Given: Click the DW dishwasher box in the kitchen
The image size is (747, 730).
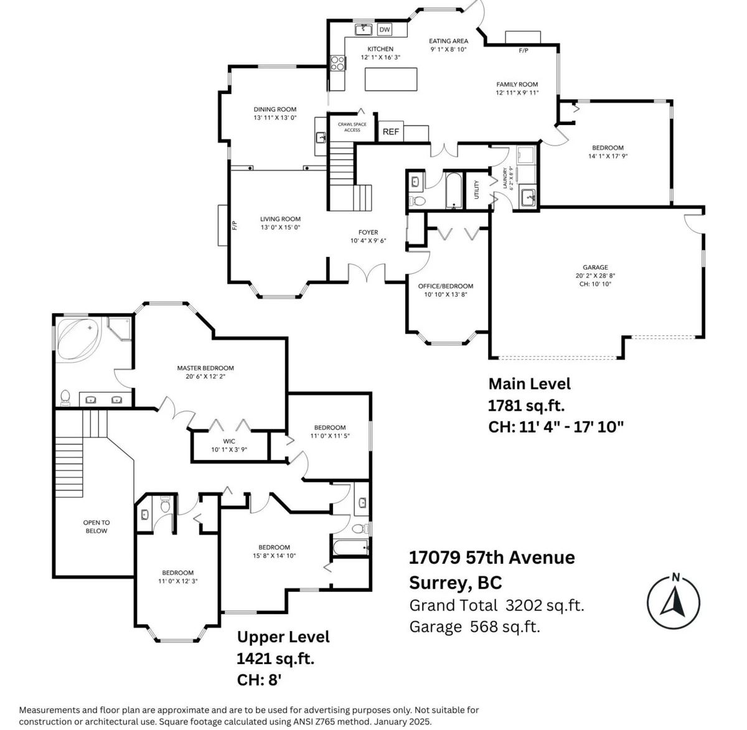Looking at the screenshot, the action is tap(384, 29).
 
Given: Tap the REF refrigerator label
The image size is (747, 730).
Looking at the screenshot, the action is tap(391, 132).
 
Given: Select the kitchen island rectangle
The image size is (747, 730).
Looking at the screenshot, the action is tap(391, 79).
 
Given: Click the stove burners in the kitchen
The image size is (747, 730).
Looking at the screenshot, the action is tap(337, 63).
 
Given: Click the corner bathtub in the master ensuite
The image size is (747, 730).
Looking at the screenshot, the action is tap(78, 340).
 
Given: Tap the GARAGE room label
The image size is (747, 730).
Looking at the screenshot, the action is tap(595, 267).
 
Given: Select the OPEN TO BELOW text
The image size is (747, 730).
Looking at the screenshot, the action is tap(96, 526).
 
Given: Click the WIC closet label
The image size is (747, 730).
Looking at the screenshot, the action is tap(229, 441).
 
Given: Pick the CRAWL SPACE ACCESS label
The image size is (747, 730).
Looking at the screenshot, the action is tap(352, 127).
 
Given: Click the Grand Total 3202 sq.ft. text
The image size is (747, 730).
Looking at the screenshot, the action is tap(497, 606).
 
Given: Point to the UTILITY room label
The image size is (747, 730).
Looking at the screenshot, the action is tap(476, 190).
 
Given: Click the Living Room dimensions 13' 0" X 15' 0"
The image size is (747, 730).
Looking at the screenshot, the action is tap(280, 227).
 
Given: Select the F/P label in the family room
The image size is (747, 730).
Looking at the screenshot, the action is tap(523, 50).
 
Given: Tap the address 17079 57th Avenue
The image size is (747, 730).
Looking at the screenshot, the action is tap(492, 558).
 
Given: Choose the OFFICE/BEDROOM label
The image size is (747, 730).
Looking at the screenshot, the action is tap(445, 286).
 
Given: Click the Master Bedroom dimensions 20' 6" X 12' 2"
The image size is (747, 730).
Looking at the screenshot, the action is tap(205, 377).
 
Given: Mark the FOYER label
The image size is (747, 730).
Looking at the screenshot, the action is tap(368, 232).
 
